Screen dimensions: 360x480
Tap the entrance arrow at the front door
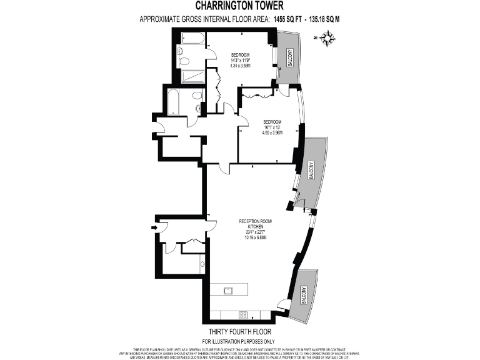154,228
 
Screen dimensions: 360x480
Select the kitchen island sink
229,290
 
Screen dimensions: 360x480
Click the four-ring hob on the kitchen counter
242,314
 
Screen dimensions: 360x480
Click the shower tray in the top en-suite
192,76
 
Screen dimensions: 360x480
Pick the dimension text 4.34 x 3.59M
240,66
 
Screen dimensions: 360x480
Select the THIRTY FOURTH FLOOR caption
239,331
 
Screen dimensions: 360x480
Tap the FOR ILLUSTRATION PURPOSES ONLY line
239,341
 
